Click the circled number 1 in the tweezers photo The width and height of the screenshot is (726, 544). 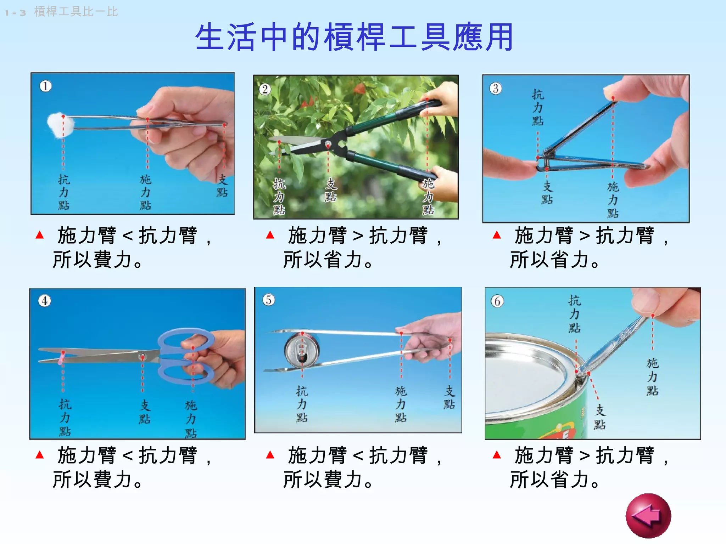pyautogui.click(x=45, y=86)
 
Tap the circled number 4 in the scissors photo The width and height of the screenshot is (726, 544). pyautogui.click(x=45, y=301)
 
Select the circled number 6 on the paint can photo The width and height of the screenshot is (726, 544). pyautogui.click(x=497, y=301)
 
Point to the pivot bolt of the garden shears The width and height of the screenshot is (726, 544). pyautogui.click(x=328, y=144)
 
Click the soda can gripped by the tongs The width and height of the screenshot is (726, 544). pyautogui.click(x=302, y=351)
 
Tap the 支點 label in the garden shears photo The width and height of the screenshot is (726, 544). pyautogui.click(x=330, y=190)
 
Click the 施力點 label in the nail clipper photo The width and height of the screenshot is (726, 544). pyautogui.click(x=613, y=200)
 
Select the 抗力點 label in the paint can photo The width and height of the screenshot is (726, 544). pyautogui.click(x=574, y=314)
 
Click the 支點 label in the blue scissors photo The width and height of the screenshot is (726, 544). pyautogui.click(x=144, y=412)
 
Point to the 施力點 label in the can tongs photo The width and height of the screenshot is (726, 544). pyautogui.click(x=401, y=404)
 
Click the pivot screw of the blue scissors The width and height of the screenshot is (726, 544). pyautogui.click(x=143, y=356)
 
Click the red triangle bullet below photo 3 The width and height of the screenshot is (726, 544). pyautogui.click(x=497, y=235)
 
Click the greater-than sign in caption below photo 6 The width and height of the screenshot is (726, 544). pyautogui.click(x=584, y=456)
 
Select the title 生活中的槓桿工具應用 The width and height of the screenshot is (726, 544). pyautogui.click(x=354, y=37)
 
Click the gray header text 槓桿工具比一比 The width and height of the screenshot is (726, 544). pyautogui.click(x=76, y=12)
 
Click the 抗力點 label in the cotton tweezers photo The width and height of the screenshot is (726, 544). pyautogui.click(x=64, y=192)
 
